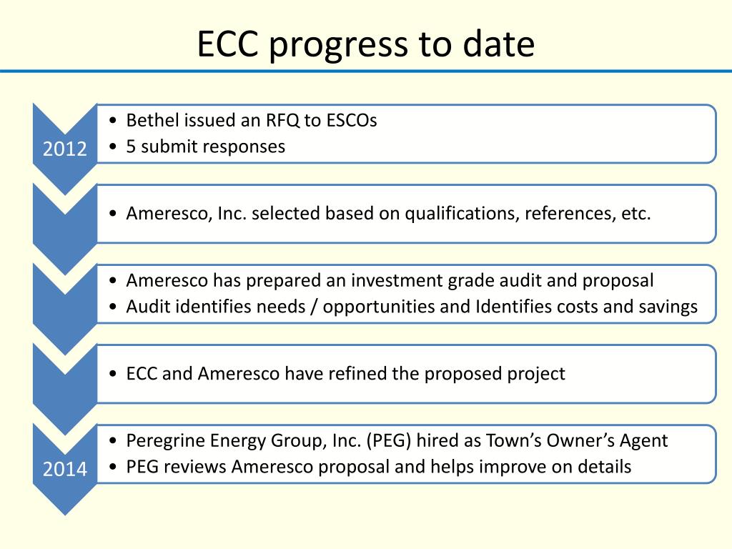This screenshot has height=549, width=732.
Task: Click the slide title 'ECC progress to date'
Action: [365, 44]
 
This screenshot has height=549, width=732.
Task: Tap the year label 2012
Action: [64, 149]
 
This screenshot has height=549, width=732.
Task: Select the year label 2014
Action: [64, 470]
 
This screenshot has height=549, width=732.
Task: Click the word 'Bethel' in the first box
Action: [147, 120]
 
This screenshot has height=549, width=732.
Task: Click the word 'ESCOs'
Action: [352, 120]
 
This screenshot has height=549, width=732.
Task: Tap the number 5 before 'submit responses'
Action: [131, 147]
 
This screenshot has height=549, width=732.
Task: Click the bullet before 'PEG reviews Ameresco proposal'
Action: [114, 468]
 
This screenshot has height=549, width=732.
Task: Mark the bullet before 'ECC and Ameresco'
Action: [114, 374]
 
